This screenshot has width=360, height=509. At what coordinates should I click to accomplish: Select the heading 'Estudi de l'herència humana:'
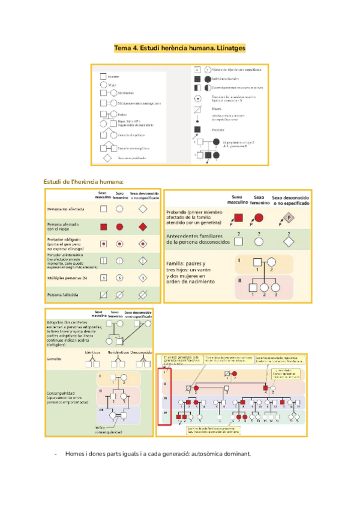click(x=83, y=181)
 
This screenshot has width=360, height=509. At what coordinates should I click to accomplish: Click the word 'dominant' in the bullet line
click(x=232, y=454)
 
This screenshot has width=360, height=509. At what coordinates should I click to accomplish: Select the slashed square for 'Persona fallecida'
click(x=103, y=295)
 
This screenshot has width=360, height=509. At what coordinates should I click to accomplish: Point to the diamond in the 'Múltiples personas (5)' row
click(x=142, y=278)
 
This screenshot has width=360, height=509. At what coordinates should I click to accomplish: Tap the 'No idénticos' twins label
click(x=118, y=352)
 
